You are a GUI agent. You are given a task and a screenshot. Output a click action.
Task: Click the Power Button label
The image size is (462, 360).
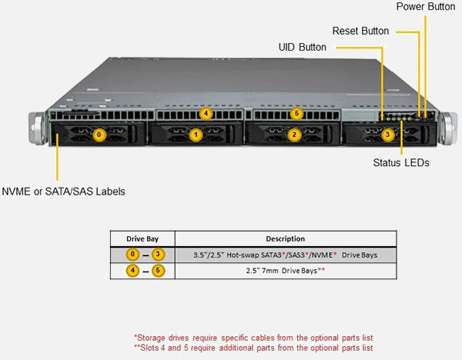tap(425, 7)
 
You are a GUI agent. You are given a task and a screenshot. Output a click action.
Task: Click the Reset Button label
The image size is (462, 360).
tap(360, 32)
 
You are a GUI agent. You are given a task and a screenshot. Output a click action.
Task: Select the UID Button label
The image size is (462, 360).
tap(302, 47)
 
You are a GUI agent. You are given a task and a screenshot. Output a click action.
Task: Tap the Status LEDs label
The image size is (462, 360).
tap(400, 162)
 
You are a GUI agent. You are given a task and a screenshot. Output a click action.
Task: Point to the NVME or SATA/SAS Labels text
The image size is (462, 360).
tap(63, 191)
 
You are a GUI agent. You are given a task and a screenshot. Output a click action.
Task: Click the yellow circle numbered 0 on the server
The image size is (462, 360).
tap(97, 135)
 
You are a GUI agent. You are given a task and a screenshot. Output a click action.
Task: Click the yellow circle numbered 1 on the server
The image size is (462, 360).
tap(196, 135)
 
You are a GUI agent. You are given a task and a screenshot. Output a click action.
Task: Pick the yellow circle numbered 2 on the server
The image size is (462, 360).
tap(293, 135)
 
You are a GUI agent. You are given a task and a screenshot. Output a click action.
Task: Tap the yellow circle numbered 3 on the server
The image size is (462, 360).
tap(387, 135)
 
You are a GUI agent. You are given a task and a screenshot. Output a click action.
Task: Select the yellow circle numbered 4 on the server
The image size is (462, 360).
tap(205, 114)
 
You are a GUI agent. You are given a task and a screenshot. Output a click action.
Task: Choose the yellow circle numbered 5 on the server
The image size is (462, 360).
tap(297, 114)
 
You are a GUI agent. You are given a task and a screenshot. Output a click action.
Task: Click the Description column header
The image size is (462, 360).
tap(285, 238)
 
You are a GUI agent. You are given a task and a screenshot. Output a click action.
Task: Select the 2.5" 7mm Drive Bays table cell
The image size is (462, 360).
tap(285, 271)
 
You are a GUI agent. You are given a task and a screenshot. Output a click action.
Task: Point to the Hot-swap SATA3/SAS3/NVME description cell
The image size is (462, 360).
tap(285, 255)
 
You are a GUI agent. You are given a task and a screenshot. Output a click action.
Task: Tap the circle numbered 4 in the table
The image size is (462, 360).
tap(132, 271)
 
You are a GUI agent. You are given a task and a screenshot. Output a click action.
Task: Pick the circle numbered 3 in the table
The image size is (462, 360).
tap(158, 255)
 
